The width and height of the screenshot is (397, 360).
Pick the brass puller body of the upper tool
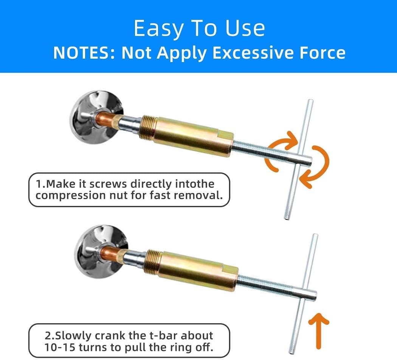point(193,137)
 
